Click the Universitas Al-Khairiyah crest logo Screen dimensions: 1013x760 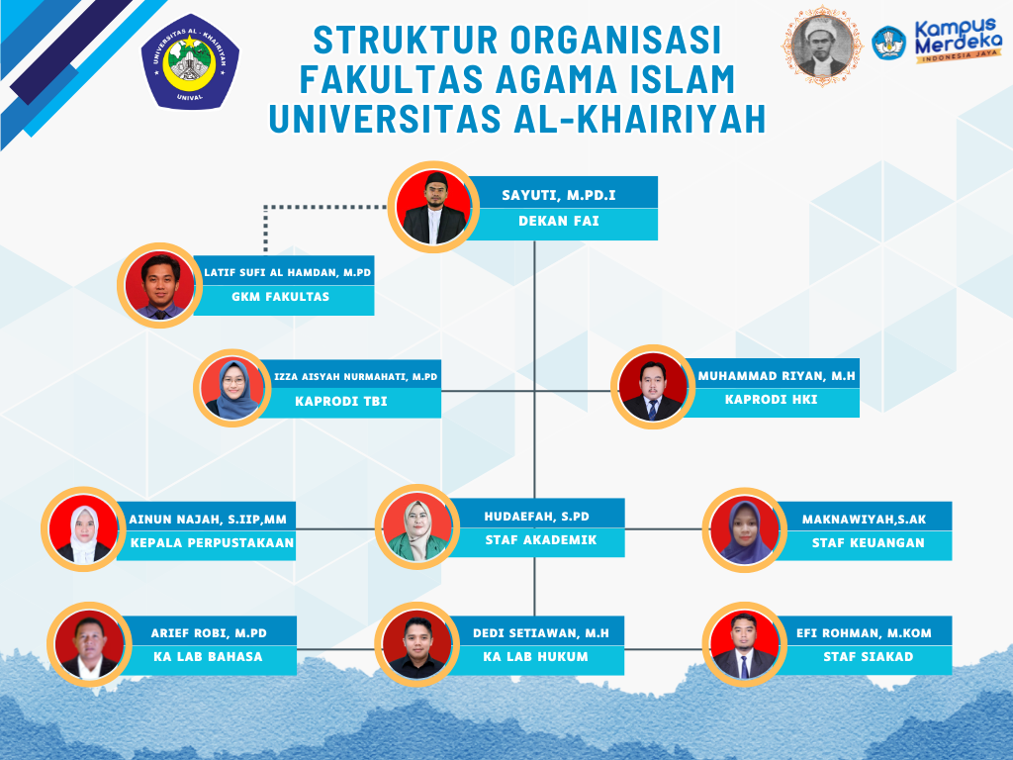coord(190,61)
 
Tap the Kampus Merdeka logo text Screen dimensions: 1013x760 coord(958,40)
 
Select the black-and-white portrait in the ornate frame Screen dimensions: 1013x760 coord(822,46)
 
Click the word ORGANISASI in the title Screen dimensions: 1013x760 coord(615,40)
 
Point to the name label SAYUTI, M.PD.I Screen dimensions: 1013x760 coord(559,195)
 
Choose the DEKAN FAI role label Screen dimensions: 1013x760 coord(559,221)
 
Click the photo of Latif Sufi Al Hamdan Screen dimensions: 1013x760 coord(159,286)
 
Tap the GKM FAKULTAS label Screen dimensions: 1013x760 coord(280,297)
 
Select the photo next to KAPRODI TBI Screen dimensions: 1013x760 coord(231,388)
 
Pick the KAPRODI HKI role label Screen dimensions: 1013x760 coord(772,400)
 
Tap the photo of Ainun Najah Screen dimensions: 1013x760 coord(83,528)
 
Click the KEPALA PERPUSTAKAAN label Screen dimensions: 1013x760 coord(212,543)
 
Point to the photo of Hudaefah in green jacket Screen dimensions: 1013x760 coord(417,526)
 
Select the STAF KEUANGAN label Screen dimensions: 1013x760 coord(869,543)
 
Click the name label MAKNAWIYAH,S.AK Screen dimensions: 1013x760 coord(865,519)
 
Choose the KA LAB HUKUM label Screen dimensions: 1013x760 coord(535,657)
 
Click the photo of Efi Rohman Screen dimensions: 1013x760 coord(744,644)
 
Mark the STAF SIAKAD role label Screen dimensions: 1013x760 coord(869,657)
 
